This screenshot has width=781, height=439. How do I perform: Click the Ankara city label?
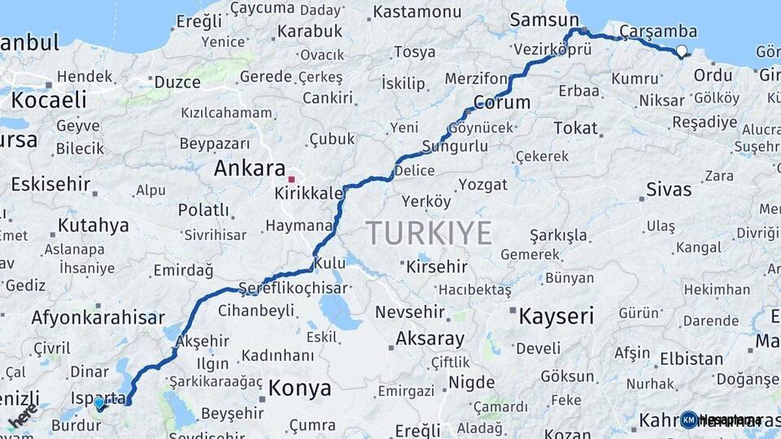click(x=248, y=168)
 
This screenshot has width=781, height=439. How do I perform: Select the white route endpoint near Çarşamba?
click(x=682, y=51)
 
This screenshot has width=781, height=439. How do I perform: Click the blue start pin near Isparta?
click(x=98, y=402)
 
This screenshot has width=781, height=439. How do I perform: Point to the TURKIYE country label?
click(x=429, y=233)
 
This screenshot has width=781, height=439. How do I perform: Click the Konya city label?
click(x=300, y=387)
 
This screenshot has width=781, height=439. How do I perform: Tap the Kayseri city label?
click(x=556, y=315)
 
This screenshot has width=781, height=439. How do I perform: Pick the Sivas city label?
click(x=669, y=189)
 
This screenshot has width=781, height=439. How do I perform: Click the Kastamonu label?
click(x=417, y=12)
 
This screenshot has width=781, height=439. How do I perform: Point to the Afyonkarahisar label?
click(x=98, y=317)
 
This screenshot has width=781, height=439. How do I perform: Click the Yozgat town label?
click(x=482, y=185)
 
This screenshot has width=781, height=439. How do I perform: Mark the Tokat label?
click(x=575, y=128)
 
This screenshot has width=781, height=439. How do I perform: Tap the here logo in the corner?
click(x=23, y=416)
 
